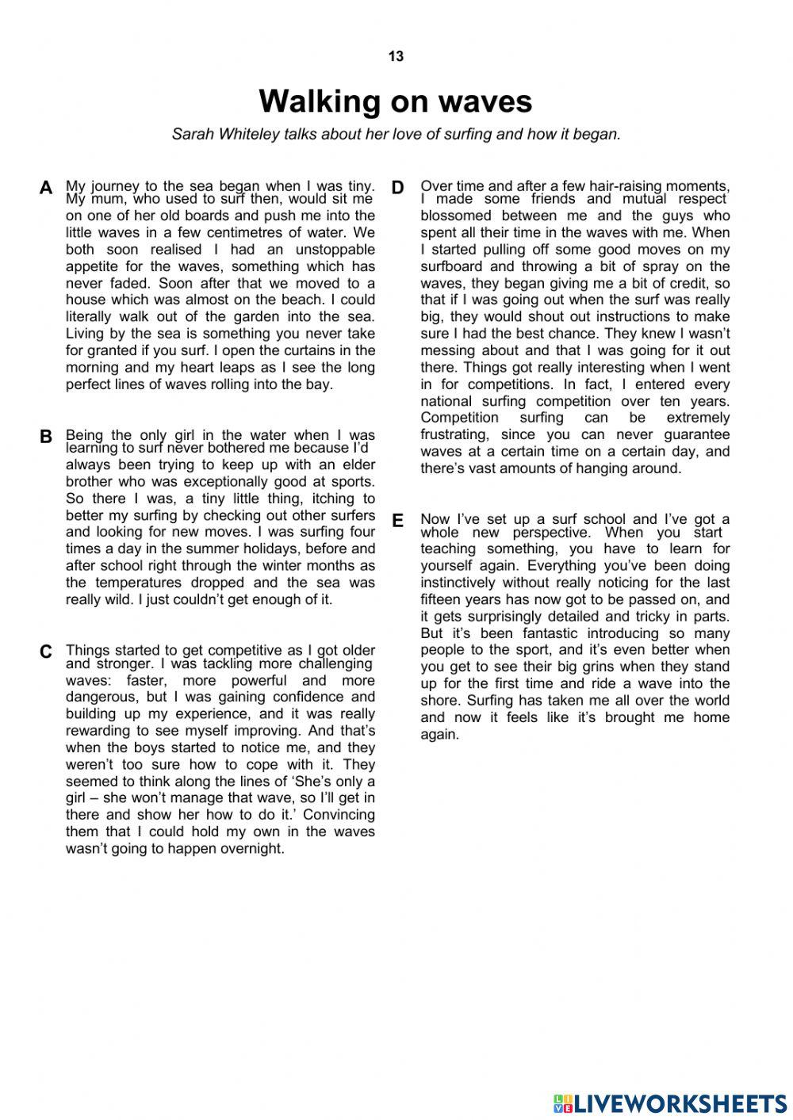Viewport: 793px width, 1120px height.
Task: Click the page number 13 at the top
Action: pyautogui.click(x=396, y=56)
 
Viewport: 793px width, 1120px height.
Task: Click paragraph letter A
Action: pyautogui.click(x=46, y=188)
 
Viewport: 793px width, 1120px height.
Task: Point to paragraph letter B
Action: pyautogui.click(x=46, y=437)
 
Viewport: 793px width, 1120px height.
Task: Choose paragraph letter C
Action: pyautogui.click(x=46, y=652)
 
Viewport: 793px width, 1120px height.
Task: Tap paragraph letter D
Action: pyautogui.click(x=398, y=188)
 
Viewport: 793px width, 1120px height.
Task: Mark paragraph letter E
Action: pyautogui.click(x=398, y=521)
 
